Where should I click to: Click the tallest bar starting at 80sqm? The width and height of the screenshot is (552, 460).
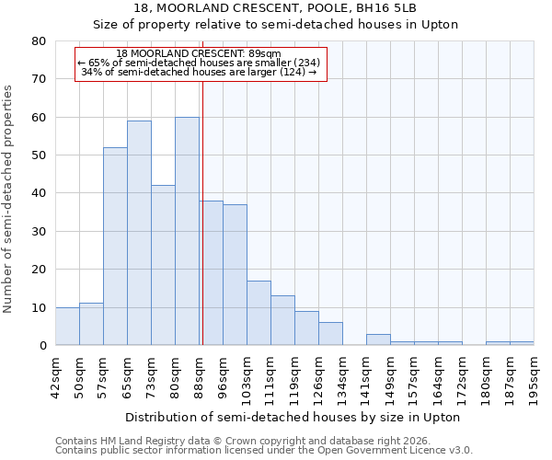[x=187, y=231]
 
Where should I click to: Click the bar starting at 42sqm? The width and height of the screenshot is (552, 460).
[x=67, y=327]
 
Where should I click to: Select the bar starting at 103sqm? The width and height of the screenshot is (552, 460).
[x=259, y=313]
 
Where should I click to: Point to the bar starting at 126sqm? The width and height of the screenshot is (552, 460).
[x=330, y=334]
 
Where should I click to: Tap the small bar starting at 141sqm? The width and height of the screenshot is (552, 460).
[x=378, y=339]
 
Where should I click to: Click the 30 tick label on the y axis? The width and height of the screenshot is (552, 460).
[x=39, y=232]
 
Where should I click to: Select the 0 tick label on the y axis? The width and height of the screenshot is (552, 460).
[x=42, y=346]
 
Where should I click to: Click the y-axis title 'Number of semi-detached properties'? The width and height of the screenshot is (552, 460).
[x=10, y=198]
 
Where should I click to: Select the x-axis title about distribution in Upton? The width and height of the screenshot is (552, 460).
[x=293, y=417]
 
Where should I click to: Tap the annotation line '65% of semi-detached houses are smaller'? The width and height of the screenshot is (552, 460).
[x=199, y=63]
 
